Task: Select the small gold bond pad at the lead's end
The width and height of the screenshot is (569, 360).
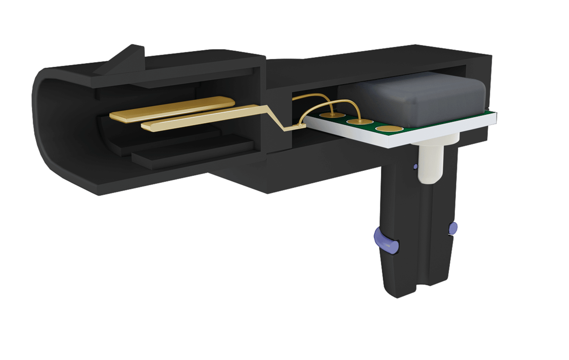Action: (x=301, y=124)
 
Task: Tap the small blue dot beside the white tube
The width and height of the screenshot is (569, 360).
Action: (x=415, y=167)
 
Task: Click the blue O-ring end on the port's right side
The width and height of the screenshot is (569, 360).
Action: (x=453, y=228)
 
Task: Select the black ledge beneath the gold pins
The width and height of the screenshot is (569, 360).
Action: (x=190, y=152)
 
